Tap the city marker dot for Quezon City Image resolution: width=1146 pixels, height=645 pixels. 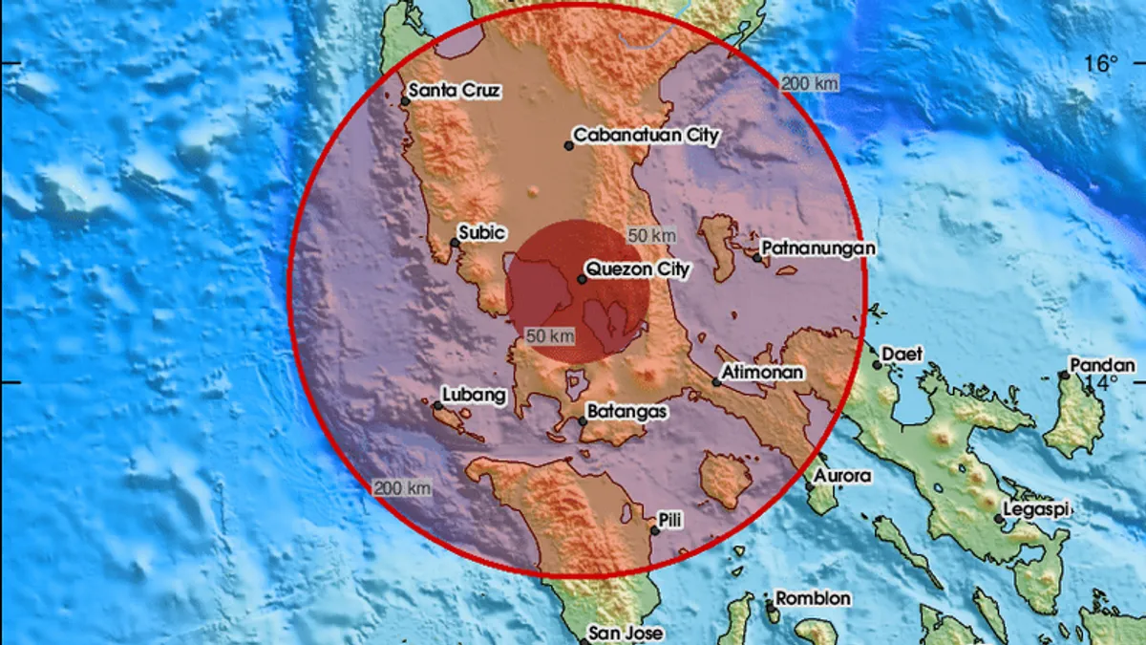tap(582, 279)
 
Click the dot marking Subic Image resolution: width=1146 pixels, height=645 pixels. tap(455, 243)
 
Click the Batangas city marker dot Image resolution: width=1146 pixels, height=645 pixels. tap(583, 420)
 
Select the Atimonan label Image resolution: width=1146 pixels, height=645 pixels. tap(762, 372)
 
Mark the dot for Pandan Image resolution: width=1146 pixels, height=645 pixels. tap(1064, 375)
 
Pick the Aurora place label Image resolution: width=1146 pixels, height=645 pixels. tap(843, 475)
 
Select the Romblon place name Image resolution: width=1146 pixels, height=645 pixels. tap(813, 598)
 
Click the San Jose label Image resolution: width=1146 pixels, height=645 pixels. tap(625, 633)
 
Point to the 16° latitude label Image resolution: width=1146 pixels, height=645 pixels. tap(1100, 64)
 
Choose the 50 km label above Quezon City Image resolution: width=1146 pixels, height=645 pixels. tap(652, 234)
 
